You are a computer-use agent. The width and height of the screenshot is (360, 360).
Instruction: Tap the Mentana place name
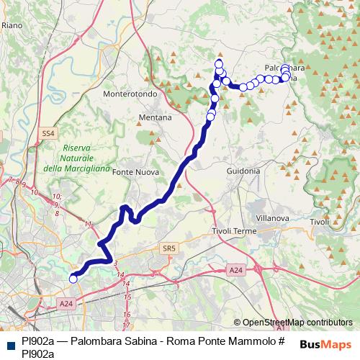pos(156,117)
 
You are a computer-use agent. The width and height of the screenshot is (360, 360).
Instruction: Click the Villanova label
pos(273,217)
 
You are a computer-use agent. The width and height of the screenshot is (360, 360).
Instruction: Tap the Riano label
pos(13,25)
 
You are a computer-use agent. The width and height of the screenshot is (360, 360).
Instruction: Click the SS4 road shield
pos(48,133)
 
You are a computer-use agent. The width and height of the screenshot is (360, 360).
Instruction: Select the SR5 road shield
pos(168,248)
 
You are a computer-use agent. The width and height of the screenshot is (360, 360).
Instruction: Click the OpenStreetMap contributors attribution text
pos(297,323)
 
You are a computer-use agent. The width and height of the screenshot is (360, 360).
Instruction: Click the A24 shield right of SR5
pos(236,269)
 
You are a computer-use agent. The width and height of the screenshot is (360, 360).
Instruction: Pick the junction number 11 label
pos(89,225)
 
